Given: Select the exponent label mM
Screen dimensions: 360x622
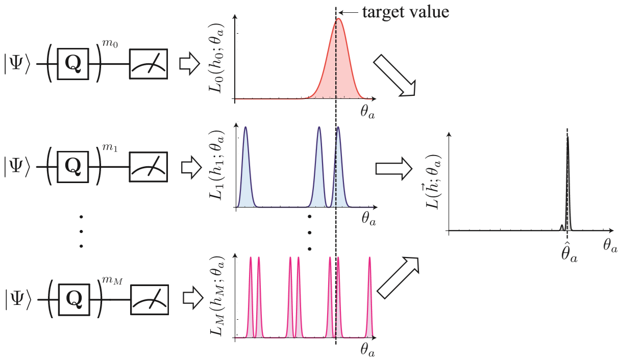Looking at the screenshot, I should pos(112,278).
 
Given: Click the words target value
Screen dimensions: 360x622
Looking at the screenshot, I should pos(405,12).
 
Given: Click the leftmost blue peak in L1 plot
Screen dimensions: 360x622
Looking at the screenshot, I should pos(245,128).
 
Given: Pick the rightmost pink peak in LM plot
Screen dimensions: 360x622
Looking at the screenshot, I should pos(369,259).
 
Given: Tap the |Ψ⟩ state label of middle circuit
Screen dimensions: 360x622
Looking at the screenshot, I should pos(18,165).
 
